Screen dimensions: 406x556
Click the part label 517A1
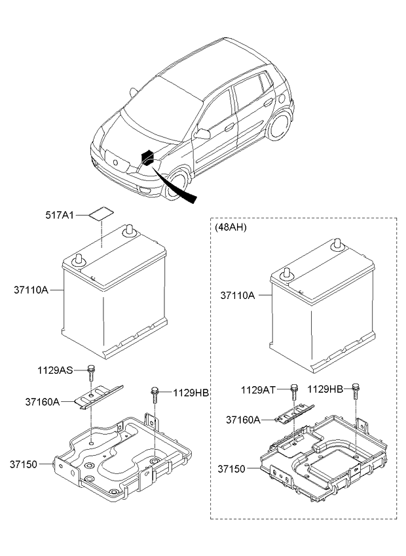point(60,215)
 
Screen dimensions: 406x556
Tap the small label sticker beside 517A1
point(101,214)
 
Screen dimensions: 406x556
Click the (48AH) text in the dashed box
point(231,228)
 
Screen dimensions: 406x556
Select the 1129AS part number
point(55,370)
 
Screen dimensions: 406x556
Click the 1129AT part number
point(258,390)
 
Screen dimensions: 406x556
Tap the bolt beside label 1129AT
point(294,392)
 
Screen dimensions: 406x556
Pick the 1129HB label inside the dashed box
point(325,389)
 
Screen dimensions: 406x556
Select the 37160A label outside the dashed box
point(42,402)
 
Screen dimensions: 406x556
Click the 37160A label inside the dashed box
point(243,420)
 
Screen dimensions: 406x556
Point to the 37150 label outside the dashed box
point(24,464)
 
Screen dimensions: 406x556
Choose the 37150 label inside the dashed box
point(231,469)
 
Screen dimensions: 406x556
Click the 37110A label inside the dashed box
point(238,295)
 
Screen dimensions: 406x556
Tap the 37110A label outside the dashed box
point(31,290)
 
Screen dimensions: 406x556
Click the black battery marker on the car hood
point(148,158)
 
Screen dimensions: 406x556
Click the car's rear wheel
point(280,125)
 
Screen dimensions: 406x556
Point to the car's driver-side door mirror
point(202,134)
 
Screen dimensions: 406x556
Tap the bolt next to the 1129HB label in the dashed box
point(356,391)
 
